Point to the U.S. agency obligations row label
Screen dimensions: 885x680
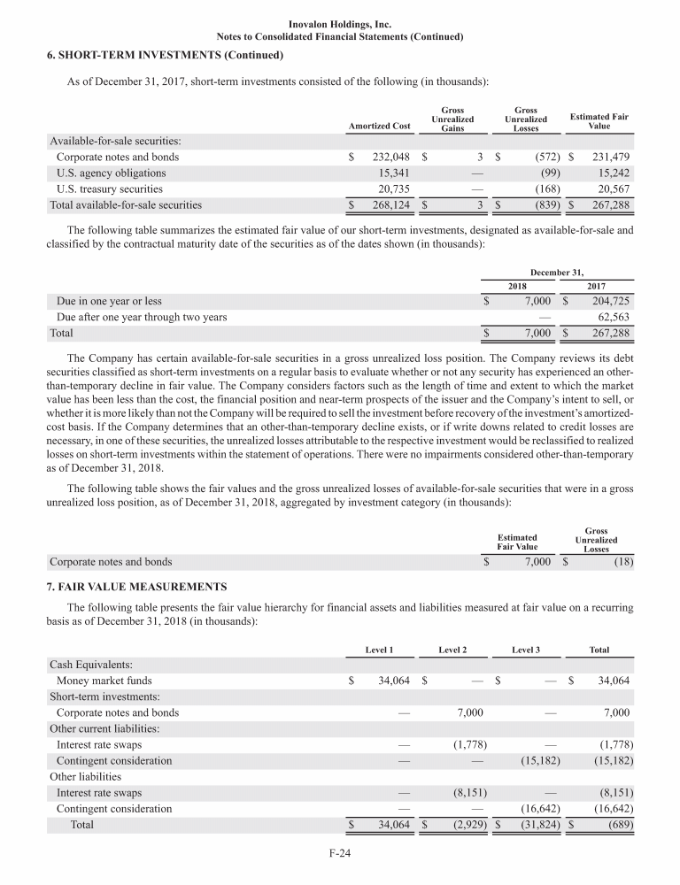click(x=111, y=173)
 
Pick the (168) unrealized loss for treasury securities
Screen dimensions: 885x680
click(x=537, y=189)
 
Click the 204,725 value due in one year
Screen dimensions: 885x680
click(x=609, y=301)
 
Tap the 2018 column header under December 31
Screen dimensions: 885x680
click(x=517, y=285)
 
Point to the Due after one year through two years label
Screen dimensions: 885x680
click(x=142, y=317)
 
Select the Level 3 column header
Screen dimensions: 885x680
click(x=526, y=650)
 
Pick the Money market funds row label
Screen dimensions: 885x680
click(x=104, y=681)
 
